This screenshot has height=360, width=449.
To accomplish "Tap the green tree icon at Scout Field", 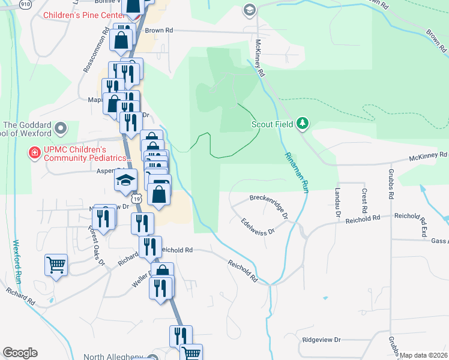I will [x=303, y=124].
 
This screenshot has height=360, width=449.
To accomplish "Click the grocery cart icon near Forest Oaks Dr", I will [x=56, y=263].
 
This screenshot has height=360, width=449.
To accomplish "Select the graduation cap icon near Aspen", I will [x=126, y=179].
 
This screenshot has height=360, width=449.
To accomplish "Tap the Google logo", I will [x=20, y=353].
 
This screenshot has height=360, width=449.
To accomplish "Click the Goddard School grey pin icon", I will [x=60, y=128].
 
